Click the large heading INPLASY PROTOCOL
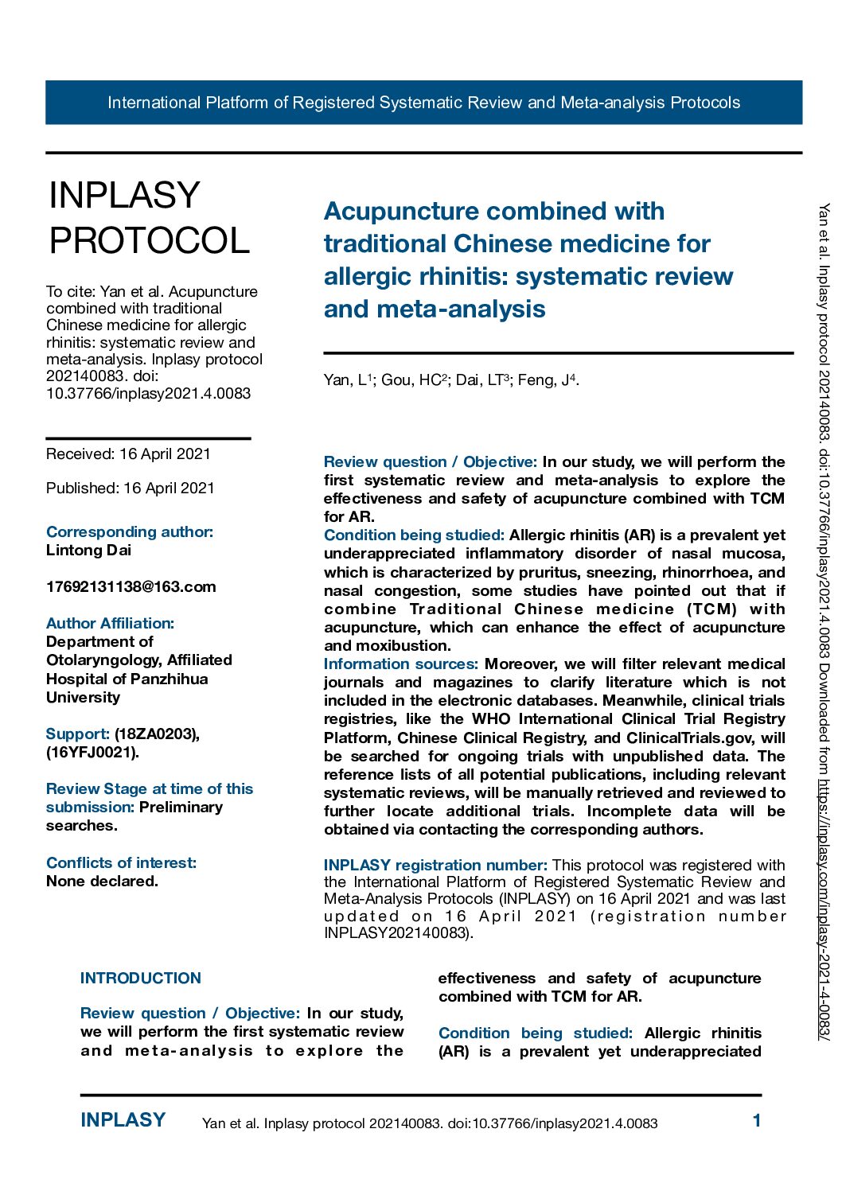pos(149,217)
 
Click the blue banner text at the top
pos(423,103)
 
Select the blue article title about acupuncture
pos(528,259)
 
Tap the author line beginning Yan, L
pos(451,380)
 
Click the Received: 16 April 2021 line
pos(128,454)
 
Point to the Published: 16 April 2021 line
pos(130,488)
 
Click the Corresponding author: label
pos(130,532)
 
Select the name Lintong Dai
pos(89,551)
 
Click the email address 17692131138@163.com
pos(131,587)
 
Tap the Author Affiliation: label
pos(110,624)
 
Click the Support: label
pos(77,734)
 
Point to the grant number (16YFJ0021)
pos(92,753)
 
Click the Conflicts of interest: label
pos(121,863)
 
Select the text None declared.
pos(102,882)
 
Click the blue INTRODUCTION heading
pos(141,979)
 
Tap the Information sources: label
pos(400,664)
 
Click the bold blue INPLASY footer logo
pos(123,1120)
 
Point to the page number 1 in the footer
pos(757,1121)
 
